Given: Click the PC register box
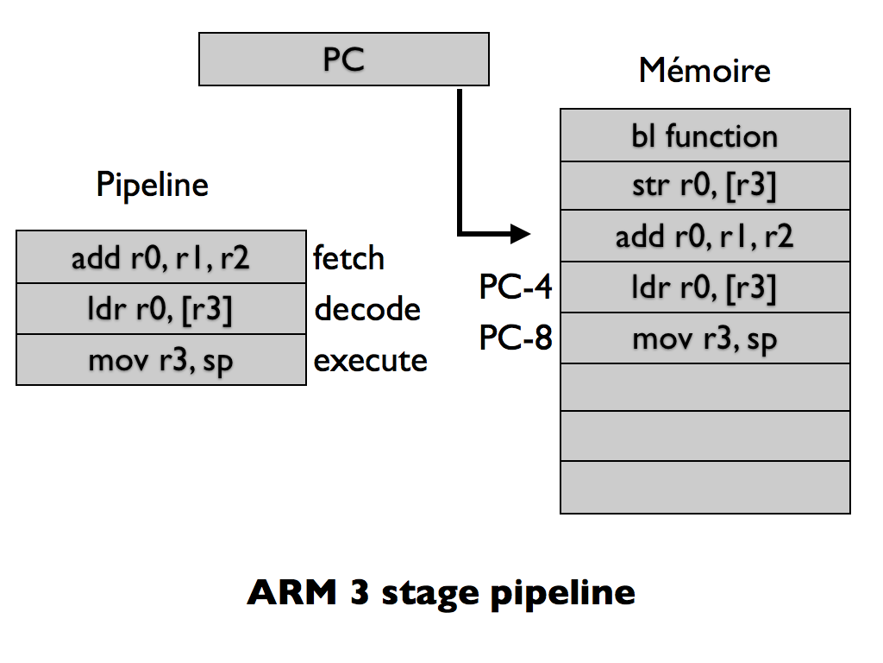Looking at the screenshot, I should point(344,60).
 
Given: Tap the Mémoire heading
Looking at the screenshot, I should point(705,70).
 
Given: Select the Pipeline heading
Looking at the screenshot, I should point(152,185).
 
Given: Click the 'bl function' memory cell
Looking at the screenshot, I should point(705,136).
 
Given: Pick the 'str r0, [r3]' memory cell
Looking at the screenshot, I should point(705,186).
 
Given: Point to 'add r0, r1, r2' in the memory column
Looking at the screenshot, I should point(705,237).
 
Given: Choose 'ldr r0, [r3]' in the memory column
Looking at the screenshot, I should point(705,287).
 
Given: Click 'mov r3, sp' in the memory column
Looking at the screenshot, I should point(705,338).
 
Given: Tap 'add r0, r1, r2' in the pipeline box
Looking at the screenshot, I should point(160,257).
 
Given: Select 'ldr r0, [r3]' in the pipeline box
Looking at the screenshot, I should point(160,309).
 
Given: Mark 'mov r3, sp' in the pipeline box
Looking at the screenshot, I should point(160,360).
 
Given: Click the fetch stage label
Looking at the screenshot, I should point(348,257).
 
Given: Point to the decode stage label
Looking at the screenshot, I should point(367,309).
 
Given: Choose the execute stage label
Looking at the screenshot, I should point(370,360).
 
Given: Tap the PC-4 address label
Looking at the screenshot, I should point(515,287).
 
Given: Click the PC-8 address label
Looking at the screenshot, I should point(515,338).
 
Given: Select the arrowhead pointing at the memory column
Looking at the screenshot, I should point(521,233).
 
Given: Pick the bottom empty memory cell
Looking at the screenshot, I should point(705,488).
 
